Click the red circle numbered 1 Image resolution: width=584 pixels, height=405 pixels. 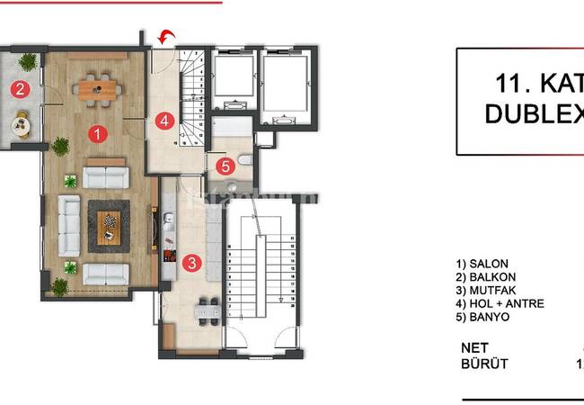coord(97,133)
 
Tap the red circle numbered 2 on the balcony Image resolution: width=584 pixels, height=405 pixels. coord(19,88)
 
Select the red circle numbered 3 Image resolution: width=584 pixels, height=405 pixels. coord(190,263)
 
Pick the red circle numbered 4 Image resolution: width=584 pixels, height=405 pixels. coord(164,120)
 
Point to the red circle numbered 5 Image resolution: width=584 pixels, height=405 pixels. coord(226,166)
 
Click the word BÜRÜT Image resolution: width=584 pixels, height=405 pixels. coord(484,364)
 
